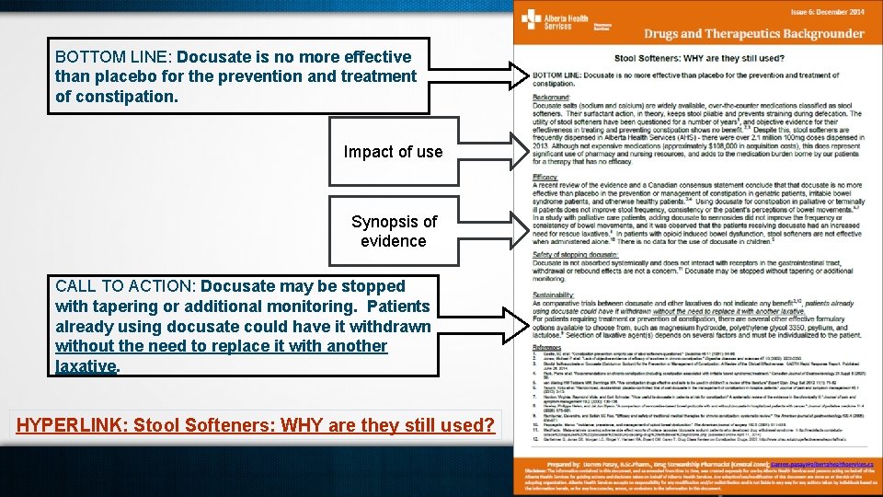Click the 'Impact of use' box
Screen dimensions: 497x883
click(393, 152)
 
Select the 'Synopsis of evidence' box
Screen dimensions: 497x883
click(393, 231)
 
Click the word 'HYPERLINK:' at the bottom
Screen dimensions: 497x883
click(72, 425)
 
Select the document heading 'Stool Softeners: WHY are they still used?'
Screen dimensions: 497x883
click(699, 58)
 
